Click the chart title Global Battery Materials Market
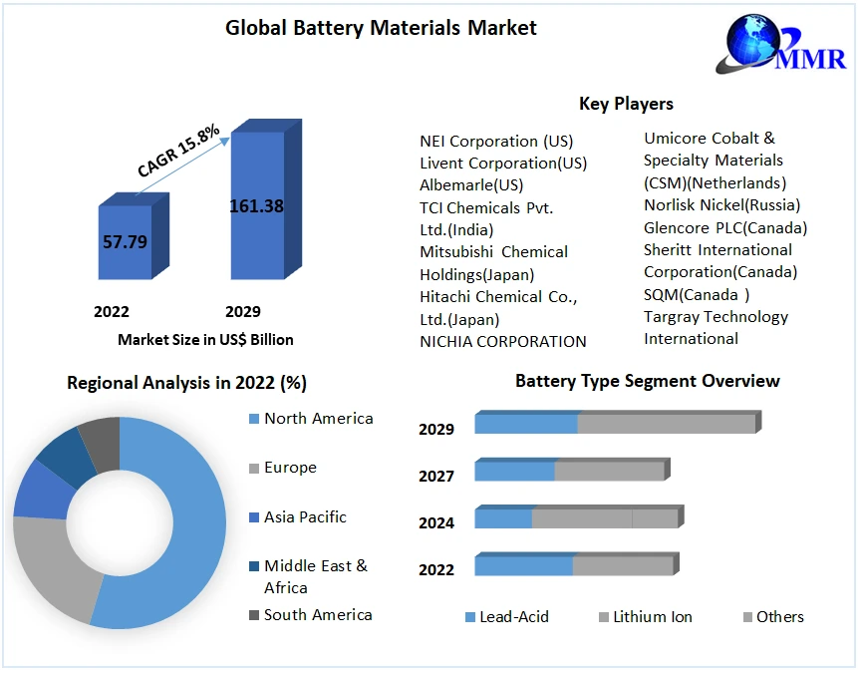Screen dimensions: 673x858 pos(381,28)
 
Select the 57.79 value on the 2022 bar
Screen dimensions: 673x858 pos(125,241)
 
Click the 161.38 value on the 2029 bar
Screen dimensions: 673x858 pos(256,206)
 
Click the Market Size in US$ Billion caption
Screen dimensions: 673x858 pos(205,340)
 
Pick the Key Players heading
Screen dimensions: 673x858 pos(626,104)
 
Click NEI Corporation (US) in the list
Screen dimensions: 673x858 pos(496,142)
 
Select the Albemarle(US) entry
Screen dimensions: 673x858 pos(471,185)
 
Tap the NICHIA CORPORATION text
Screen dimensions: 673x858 pos(503,341)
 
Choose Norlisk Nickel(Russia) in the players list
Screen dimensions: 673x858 pos(721,205)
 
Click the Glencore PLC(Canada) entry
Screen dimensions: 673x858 pos(725,227)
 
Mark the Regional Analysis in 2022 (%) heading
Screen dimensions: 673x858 pos(186,383)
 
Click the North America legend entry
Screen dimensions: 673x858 pos(318,419)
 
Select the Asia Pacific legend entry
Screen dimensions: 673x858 pos(305,517)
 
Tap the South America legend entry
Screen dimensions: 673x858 pos(318,615)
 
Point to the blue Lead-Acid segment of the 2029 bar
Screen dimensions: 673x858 pos(526,424)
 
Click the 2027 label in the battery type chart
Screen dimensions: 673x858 pos(436,477)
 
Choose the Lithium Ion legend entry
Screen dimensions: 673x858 pos(653,617)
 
